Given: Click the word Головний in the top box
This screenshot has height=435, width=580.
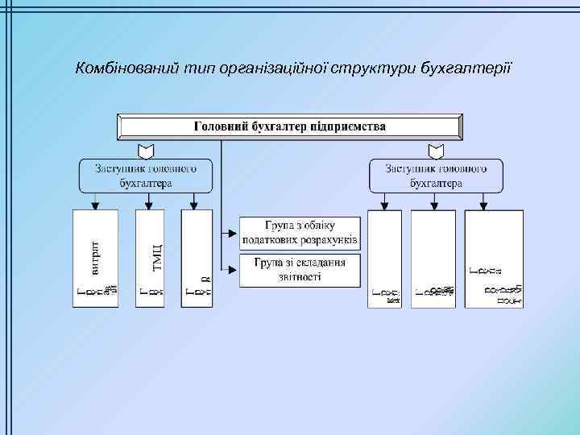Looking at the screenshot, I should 222,126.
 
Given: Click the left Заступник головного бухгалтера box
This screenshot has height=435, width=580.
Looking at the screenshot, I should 147,176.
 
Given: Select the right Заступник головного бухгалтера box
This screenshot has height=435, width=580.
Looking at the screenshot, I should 436,176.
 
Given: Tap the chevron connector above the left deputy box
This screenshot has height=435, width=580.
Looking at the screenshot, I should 147,151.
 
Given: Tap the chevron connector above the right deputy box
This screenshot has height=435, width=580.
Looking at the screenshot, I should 436,151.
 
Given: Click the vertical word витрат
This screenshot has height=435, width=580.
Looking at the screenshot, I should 95,252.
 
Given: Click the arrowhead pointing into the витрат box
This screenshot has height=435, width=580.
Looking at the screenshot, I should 96,205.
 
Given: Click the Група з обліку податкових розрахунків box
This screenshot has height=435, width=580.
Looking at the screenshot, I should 300,232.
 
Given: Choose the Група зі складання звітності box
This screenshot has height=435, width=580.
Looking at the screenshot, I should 300,270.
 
